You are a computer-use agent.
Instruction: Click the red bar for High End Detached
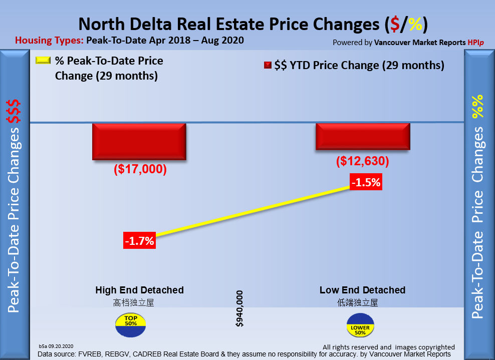coord(139,141)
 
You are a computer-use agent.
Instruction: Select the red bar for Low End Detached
coord(363,136)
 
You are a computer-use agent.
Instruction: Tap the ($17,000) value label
coord(140,169)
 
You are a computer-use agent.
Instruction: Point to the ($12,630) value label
coord(362,162)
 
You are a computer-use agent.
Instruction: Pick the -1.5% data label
coord(366,183)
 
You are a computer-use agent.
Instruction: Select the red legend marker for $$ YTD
coord(267,66)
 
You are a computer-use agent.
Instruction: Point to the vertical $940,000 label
coord(240,308)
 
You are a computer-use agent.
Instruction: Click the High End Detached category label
coord(139,290)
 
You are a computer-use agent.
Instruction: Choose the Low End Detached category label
coord(362,290)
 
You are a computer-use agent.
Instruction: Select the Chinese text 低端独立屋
coord(357,302)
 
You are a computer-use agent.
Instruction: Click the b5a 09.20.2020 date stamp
coord(56,346)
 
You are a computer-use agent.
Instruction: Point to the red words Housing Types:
coord(50,41)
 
